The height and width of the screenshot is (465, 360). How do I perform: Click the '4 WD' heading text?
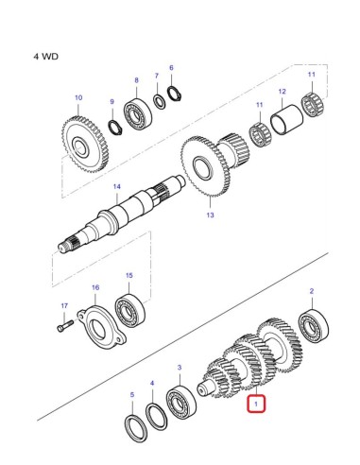tap(45, 56)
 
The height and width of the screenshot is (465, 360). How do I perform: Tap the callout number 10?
tap(78, 97)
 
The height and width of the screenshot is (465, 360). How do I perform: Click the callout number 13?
tap(211, 215)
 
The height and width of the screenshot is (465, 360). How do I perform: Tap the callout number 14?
tap(117, 186)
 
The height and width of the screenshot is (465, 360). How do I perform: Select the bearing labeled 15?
tap(129, 310)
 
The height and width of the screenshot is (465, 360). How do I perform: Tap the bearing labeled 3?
tap(179, 401)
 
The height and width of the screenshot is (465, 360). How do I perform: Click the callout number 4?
tap(151, 384)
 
